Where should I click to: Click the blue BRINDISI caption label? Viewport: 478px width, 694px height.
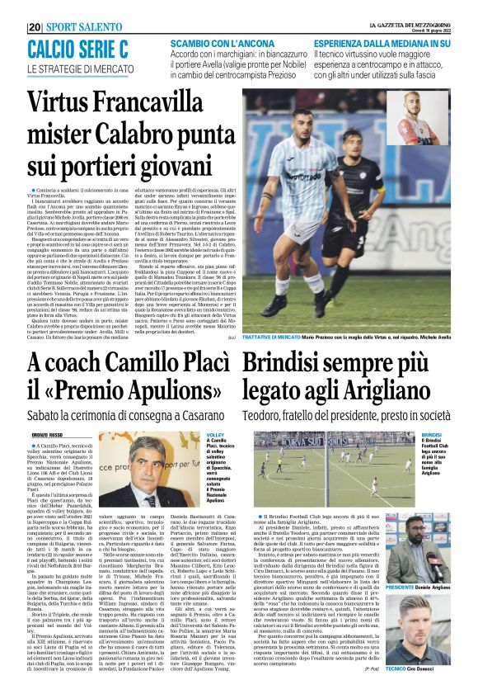433,434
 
